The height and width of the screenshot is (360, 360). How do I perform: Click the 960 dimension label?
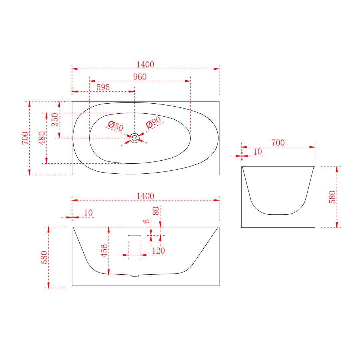click(140, 77)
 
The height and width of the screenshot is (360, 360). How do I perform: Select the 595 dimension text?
click(103, 87)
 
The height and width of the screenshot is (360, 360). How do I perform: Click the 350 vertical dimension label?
click(55, 120)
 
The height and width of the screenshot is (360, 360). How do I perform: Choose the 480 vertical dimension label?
click(42, 138)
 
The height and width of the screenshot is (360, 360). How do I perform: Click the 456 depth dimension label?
click(104, 251)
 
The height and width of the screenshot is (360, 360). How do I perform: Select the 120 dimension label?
click(158, 251)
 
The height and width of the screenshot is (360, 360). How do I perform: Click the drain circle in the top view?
click(135, 138)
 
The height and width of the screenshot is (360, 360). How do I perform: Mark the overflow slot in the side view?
click(135, 235)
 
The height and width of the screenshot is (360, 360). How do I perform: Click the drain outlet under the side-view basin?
click(134, 276)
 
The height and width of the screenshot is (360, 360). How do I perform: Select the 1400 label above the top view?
click(145, 65)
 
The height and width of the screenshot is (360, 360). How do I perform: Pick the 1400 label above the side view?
click(145, 196)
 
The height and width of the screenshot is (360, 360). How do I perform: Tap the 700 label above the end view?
click(278, 143)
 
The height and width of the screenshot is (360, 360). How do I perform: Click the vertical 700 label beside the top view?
click(25, 138)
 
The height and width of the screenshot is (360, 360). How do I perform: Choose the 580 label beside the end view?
click(332, 197)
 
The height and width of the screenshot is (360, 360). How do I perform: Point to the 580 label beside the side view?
click(44, 257)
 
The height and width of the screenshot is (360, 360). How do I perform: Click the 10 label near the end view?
click(258, 152)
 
